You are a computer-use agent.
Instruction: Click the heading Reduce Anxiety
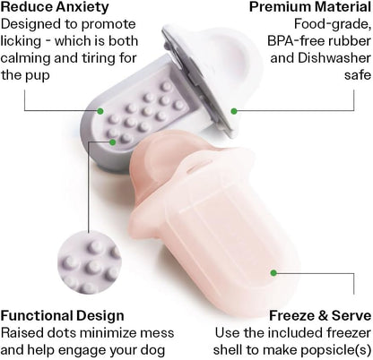pos(55,8)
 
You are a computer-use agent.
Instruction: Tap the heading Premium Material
pos(310,7)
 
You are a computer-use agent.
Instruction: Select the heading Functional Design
pos(62,316)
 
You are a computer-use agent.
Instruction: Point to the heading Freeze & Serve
pos(320,316)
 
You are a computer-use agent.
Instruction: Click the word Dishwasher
pos(334,58)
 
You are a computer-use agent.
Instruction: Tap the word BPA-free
pos(295,41)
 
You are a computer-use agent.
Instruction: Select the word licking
pos(21,41)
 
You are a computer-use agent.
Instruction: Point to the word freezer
pos(349,333)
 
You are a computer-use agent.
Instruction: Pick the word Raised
pos(20,333)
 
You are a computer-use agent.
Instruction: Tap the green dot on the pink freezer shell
pos(273,273)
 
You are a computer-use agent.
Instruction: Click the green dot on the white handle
pos(234,111)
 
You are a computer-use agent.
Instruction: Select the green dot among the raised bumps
pos(113,142)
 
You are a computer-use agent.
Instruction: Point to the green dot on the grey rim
pos(100,111)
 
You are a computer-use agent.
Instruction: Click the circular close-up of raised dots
pos(90,261)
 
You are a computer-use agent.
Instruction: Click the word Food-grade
pos(333,24)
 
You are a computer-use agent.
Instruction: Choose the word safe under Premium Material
pos(358,75)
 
